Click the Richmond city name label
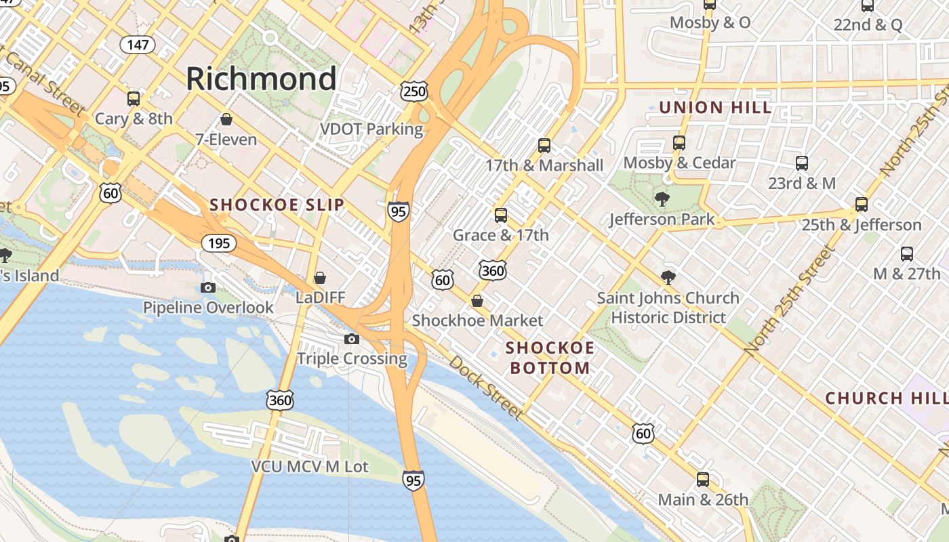(x=261, y=79)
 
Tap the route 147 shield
(x=138, y=45)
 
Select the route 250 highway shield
(x=413, y=91)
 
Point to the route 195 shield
(x=219, y=243)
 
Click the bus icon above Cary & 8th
(x=134, y=98)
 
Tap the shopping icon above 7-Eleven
(x=226, y=120)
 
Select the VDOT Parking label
(x=371, y=129)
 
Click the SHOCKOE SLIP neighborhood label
(x=277, y=205)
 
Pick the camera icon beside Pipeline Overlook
(x=208, y=287)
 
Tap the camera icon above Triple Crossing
(x=351, y=339)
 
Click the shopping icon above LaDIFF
(x=320, y=278)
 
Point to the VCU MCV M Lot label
(x=310, y=467)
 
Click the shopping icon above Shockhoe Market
(x=477, y=301)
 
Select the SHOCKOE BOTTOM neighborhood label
(x=550, y=358)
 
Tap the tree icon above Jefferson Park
(x=662, y=199)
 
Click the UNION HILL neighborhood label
(x=715, y=108)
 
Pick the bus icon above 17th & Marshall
(x=544, y=145)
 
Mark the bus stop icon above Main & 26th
(x=703, y=480)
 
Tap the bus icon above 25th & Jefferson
(x=862, y=205)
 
